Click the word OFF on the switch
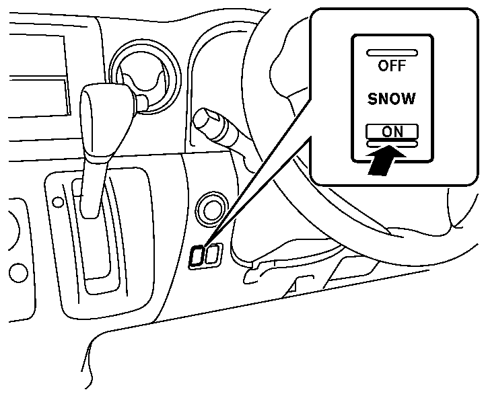point(391,66)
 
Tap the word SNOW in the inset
point(391,99)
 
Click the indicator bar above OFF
point(391,52)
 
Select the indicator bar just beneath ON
point(391,143)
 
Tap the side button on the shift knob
point(142,102)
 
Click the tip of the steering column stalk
point(201,122)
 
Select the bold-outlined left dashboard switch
point(199,255)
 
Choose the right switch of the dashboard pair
point(213,255)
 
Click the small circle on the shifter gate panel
point(59,201)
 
